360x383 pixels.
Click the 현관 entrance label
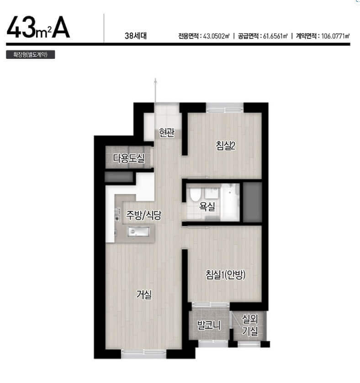point(166,133)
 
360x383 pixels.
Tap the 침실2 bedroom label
point(225,146)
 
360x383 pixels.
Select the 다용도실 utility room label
point(128,158)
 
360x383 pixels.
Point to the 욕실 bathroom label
point(207,207)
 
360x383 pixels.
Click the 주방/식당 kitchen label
point(144,215)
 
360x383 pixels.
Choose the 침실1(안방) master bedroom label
point(225,274)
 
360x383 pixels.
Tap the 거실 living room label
point(144,294)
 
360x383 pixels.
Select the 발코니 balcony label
point(209,325)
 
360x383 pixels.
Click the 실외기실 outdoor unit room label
point(250,325)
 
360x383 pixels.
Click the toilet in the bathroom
point(195,194)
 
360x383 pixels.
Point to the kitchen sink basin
point(138,231)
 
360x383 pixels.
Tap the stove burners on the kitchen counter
point(118,215)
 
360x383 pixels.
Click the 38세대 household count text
point(136,36)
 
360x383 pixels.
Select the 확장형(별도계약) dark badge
point(31,54)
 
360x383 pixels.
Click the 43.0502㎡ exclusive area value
point(216,36)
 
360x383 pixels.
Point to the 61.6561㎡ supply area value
point(275,36)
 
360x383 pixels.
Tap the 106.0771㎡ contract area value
point(335,36)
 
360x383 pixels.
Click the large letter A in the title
point(61,27)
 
